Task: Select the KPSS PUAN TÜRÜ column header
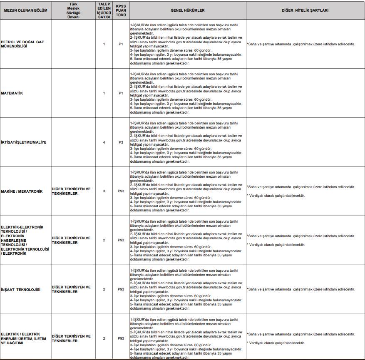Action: coord(121,10)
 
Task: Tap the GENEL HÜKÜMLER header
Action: coord(187,10)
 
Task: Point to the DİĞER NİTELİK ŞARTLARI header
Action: coord(305,10)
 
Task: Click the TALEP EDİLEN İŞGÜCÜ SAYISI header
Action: coord(104,10)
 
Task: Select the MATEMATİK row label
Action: coord(12,93)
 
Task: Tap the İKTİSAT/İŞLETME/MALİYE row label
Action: coord(24,142)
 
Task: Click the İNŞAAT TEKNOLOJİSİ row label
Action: coord(21,289)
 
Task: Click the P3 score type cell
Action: coord(121,142)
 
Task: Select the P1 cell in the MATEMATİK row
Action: coord(121,93)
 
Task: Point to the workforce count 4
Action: coord(104,142)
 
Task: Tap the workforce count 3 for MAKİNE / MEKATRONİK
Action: coord(104,191)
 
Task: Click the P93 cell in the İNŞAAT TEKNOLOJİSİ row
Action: coord(121,289)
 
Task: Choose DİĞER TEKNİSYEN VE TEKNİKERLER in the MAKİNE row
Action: coord(71,191)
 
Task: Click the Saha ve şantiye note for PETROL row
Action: coord(301,44)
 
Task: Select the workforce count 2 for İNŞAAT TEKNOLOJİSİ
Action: coord(104,289)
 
